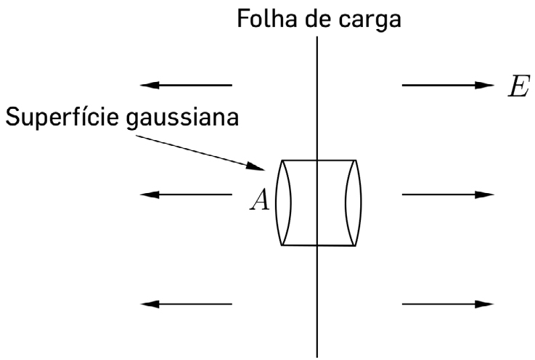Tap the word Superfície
pos(62,117)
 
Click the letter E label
pos(518,86)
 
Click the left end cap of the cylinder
pos(283,202)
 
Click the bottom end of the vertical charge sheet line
pos(317,355)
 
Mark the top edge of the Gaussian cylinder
pos(318,160)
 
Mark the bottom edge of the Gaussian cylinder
pos(318,245)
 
